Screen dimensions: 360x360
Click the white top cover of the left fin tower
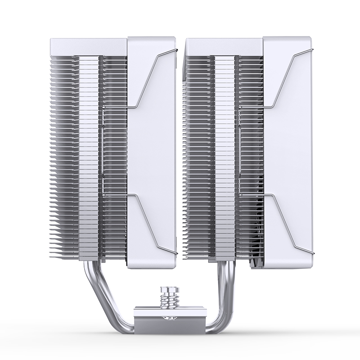[x=88, y=45]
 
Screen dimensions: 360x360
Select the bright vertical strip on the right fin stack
[x=224, y=153]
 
